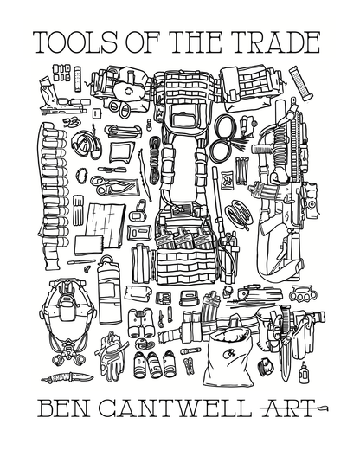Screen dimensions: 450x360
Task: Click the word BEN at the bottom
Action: coord(65,406)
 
